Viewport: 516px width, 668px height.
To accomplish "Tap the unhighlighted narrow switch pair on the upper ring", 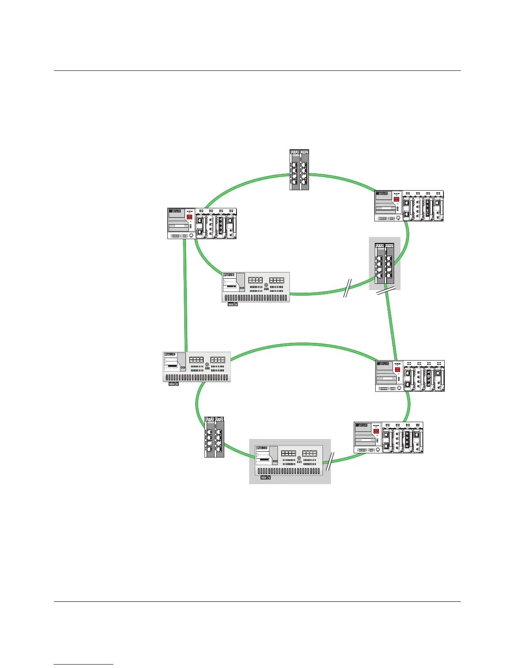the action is (299, 170).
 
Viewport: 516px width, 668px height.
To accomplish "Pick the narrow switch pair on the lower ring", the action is (214, 437).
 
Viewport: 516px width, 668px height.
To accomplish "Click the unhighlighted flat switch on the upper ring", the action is (256, 287).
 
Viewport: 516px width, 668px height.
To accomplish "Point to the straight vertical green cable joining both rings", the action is (185, 295).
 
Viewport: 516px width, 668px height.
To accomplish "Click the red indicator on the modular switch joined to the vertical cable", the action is (189, 217).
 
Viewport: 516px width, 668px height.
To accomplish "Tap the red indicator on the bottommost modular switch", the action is (376, 431).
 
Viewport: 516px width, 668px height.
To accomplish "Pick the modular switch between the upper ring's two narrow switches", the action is (409, 206).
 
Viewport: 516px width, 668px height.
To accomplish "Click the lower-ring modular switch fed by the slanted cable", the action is (410, 376).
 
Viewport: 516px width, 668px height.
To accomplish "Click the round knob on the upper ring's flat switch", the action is (266, 285).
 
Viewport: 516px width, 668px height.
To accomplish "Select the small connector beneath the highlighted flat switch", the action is (265, 478).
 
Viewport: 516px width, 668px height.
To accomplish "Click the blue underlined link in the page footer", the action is (83, 664).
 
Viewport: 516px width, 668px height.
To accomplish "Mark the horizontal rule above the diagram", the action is (257, 71).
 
